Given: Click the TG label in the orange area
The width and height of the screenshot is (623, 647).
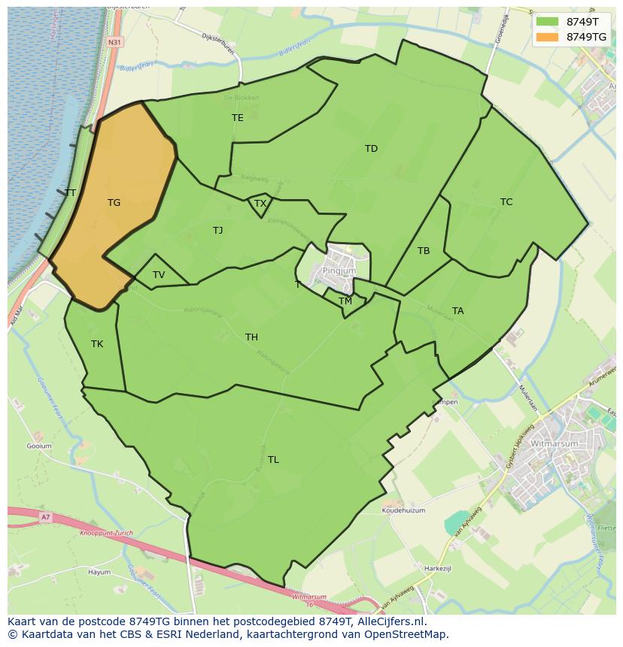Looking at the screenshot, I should pos(114,203).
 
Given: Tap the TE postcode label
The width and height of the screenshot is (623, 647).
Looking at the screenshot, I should pos(238,118).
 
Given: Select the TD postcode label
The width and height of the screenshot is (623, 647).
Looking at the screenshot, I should pos(371,149).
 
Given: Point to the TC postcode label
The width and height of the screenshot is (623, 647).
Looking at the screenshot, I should pos(506,202).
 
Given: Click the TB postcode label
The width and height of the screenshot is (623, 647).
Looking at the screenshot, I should pos(424,251).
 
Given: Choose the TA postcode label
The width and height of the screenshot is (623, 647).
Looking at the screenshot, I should pos(458,311).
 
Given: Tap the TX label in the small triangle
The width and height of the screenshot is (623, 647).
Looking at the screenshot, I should pos(260,204).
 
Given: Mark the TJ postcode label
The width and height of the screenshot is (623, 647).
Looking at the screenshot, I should pos(217,231).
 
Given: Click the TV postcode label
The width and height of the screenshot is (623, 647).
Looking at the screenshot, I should pos(159,275).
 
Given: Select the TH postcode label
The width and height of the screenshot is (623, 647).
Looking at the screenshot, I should pos(251,337).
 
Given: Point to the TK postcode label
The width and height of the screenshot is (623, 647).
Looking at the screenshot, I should pos(97,344).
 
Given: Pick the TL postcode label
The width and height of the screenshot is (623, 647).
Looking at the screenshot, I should pos(273,460).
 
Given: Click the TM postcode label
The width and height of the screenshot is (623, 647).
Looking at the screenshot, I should pos(345,301).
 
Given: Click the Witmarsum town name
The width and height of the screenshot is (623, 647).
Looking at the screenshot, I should pos(553,444).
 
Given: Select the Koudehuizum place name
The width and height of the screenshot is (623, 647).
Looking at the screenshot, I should pos(403,510).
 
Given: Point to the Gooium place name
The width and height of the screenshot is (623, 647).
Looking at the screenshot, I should pos(39,446).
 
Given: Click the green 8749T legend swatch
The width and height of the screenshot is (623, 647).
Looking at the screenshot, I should pos(548,22).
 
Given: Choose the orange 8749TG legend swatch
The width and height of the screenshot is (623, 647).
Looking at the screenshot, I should pos(548,37).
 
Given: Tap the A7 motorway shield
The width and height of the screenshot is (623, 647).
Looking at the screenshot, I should pos(46,517).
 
